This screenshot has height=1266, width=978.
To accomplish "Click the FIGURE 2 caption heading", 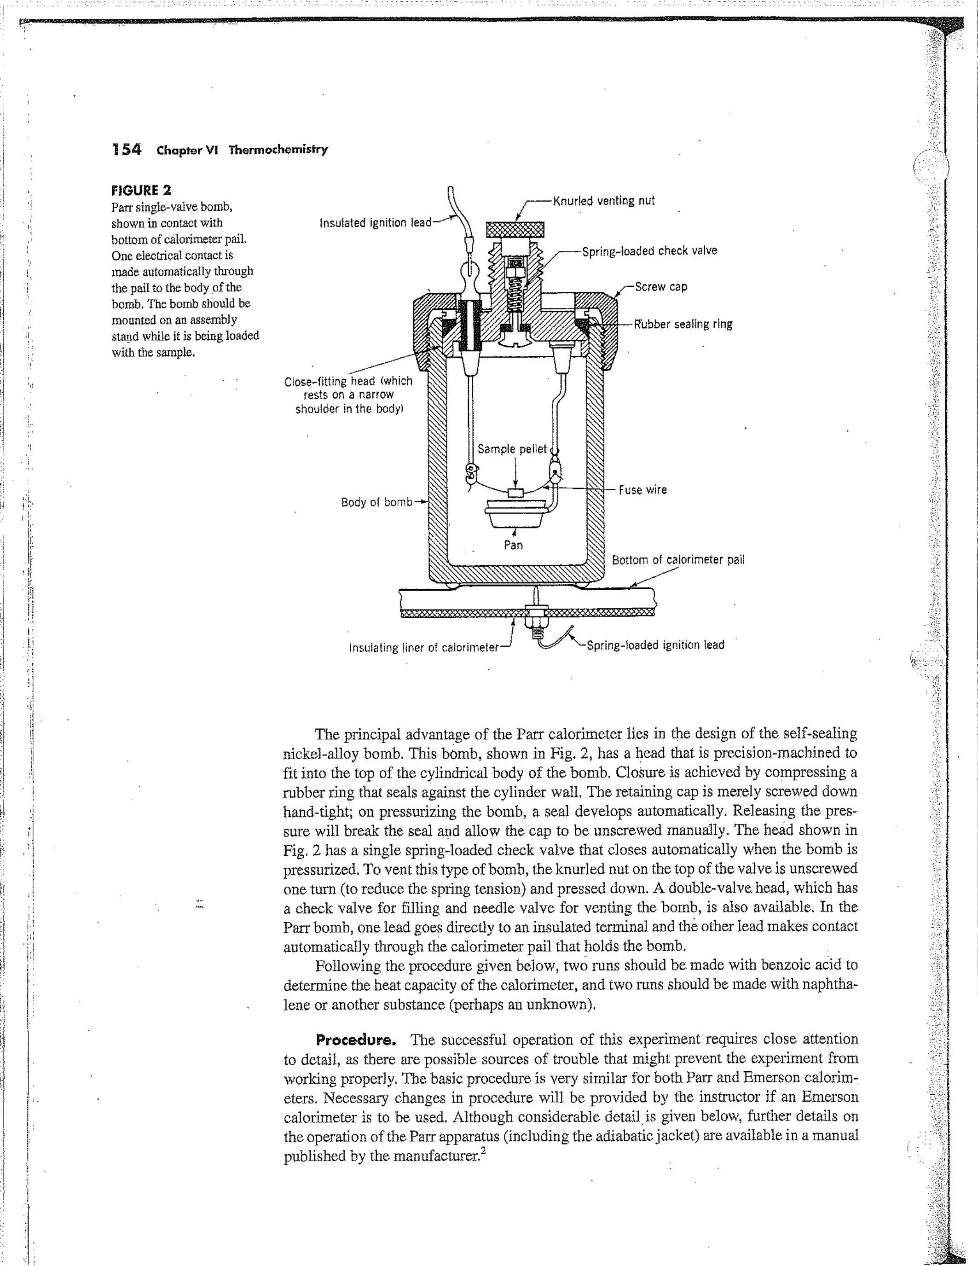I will click(x=141, y=190).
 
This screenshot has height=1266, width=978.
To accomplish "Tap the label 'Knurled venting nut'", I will click(x=603, y=201).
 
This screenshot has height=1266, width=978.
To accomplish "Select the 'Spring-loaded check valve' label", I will click(x=649, y=250).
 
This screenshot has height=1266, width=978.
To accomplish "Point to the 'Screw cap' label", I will click(x=660, y=286).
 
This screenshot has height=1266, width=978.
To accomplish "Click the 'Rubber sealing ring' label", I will click(x=683, y=324).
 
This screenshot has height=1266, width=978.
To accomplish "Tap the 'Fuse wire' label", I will click(x=642, y=489).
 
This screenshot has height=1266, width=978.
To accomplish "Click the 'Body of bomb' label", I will click(x=376, y=502).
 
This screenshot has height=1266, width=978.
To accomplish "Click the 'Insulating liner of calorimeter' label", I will click(x=423, y=647).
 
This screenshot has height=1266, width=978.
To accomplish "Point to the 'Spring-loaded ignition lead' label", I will click(x=655, y=645).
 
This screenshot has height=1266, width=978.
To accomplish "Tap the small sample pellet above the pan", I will click(x=515, y=493).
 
